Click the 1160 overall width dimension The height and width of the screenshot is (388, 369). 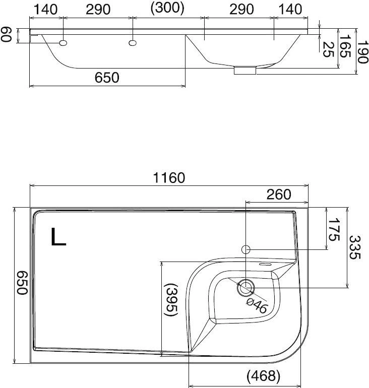169,178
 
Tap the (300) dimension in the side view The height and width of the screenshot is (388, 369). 167,8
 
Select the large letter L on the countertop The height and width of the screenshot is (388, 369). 58,236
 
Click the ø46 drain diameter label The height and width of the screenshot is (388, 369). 257,305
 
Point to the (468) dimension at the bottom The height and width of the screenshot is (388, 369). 263,376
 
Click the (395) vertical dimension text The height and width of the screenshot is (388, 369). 171,300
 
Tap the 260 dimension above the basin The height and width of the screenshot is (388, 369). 279,195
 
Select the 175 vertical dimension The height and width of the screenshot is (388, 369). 334,229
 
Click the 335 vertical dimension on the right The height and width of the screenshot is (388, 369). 355,247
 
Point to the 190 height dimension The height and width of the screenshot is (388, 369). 363,52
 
